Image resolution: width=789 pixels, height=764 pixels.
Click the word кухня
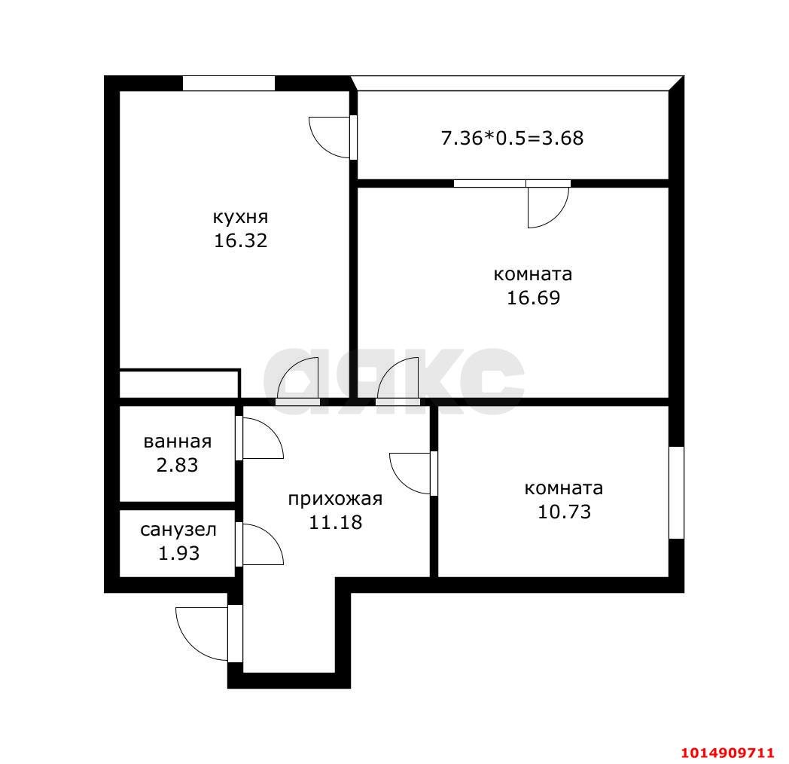[x=240, y=218]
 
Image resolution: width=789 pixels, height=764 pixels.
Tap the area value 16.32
[x=240, y=240]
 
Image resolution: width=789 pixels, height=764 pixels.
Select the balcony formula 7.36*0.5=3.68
[x=512, y=138]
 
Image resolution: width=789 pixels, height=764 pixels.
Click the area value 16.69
[x=533, y=298]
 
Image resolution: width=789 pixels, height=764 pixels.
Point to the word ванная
[x=178, y=442]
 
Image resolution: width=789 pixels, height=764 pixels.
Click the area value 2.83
[x=177, y=465]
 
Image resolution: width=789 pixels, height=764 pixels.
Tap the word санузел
[x=178, y=530]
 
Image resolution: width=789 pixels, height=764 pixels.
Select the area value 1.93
[x=178, y=553]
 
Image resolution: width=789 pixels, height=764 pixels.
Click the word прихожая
[x=335, y=499]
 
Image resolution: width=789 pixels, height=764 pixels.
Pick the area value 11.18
[x=335, y=522]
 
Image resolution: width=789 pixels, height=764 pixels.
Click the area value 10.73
[x=564, y=512]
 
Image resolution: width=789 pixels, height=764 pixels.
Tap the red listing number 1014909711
[x=727, y=753]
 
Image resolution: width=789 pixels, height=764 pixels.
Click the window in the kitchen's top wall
[x=228, y=83]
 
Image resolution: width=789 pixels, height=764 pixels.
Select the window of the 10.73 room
[x=676, y=493]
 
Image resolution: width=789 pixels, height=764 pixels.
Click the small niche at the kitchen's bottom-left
[x=179, y=384]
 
